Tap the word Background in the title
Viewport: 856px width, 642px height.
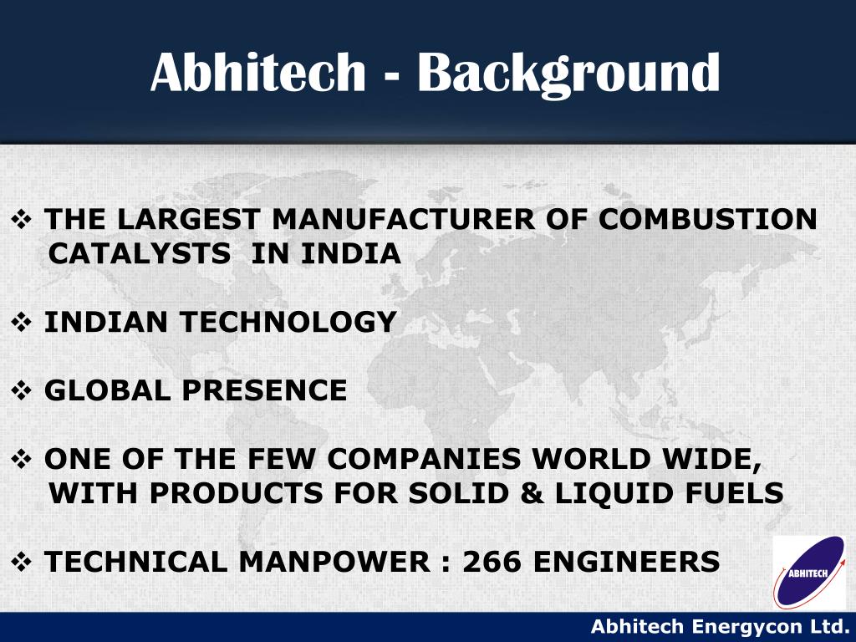(568, 73)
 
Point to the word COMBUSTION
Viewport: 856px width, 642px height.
(707, 220)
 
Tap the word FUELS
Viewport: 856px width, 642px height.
(736, 493)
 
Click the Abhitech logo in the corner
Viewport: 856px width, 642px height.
(809, 571)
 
